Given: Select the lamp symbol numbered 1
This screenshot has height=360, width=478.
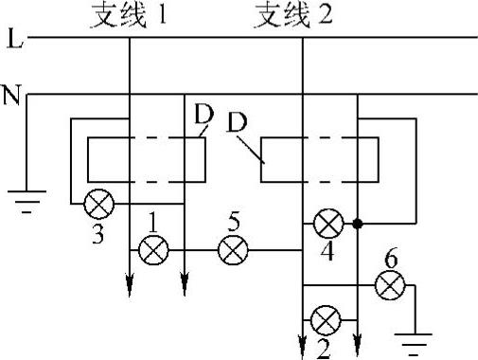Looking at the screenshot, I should pos(151,250).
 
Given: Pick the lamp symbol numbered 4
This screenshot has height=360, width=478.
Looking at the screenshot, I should pos(328,225).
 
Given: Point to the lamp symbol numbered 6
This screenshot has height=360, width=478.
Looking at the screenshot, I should pos(390,283).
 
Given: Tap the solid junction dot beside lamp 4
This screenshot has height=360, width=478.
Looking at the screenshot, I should pos(358,225).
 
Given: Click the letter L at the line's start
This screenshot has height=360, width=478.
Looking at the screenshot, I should pos(10,40).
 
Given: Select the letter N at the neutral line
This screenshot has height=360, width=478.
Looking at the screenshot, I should pos(11,95).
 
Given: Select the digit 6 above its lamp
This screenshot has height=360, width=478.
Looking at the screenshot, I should pos(390,258).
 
